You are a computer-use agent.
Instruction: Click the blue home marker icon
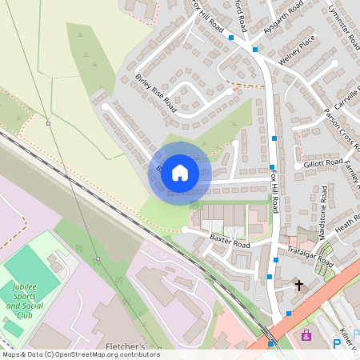pos(180,172)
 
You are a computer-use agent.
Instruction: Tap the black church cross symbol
pos(300,285)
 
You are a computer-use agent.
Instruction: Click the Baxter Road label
pos(230,242)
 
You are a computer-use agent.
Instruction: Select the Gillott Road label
pos(323,163)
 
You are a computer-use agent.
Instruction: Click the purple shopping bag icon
pos(306,336)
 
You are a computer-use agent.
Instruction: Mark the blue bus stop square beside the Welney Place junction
pos(255,50)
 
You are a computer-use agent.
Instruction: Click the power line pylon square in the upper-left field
pos(48,123)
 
